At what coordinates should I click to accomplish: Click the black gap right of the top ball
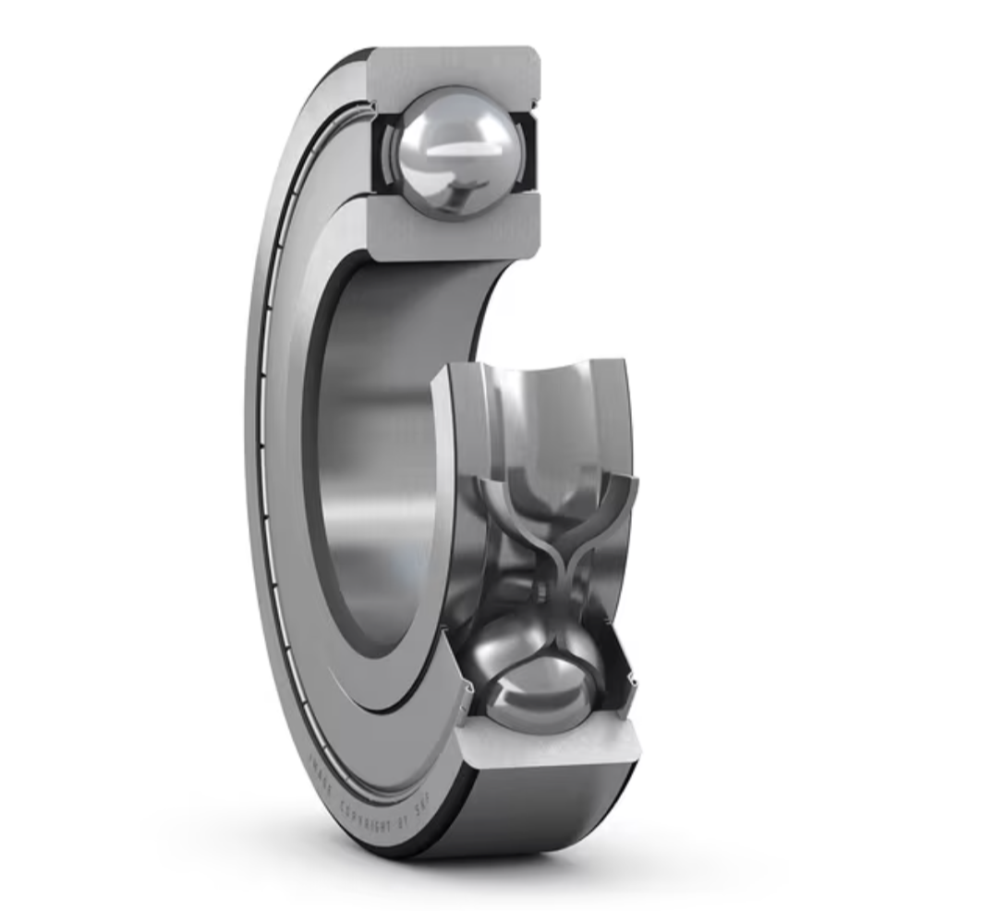tap(528, 152)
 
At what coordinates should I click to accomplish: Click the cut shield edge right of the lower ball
tap(634, 682)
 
